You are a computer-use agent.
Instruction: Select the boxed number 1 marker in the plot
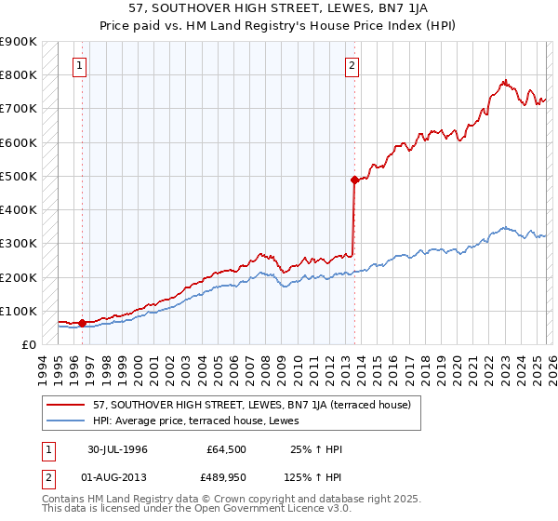tap(81, 66)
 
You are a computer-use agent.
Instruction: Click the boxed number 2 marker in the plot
tap(352, 66)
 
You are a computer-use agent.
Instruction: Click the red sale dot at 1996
tap(82, 323)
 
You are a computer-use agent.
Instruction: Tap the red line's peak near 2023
tap(503, 81)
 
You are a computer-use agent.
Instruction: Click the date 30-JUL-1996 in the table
tap(118, 449)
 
